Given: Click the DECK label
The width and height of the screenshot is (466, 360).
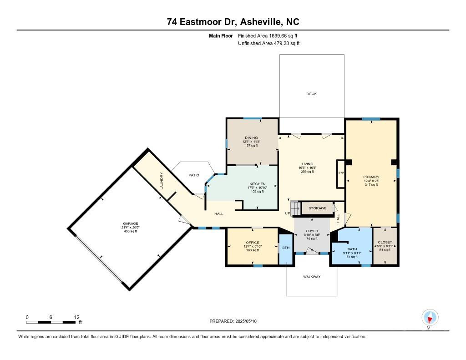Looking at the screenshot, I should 311,94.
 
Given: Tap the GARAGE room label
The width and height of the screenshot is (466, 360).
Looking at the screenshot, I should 130,223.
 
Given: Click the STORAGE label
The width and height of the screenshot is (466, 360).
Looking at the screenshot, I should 317,208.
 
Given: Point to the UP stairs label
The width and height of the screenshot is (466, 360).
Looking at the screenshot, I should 288,213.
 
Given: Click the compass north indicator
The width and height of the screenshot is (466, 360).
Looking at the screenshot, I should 429,317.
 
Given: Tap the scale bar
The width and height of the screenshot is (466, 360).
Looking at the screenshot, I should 51,322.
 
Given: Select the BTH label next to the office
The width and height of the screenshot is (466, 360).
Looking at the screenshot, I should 286,248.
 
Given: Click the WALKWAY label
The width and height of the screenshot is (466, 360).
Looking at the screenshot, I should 312,276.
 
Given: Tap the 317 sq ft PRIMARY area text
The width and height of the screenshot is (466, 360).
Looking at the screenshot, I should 371,185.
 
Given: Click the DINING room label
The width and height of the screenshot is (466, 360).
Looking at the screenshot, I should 251,137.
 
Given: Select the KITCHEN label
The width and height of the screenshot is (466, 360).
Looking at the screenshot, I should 257,184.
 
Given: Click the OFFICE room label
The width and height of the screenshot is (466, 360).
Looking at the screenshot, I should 252,243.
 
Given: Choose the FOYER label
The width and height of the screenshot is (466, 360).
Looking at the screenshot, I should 312,231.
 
